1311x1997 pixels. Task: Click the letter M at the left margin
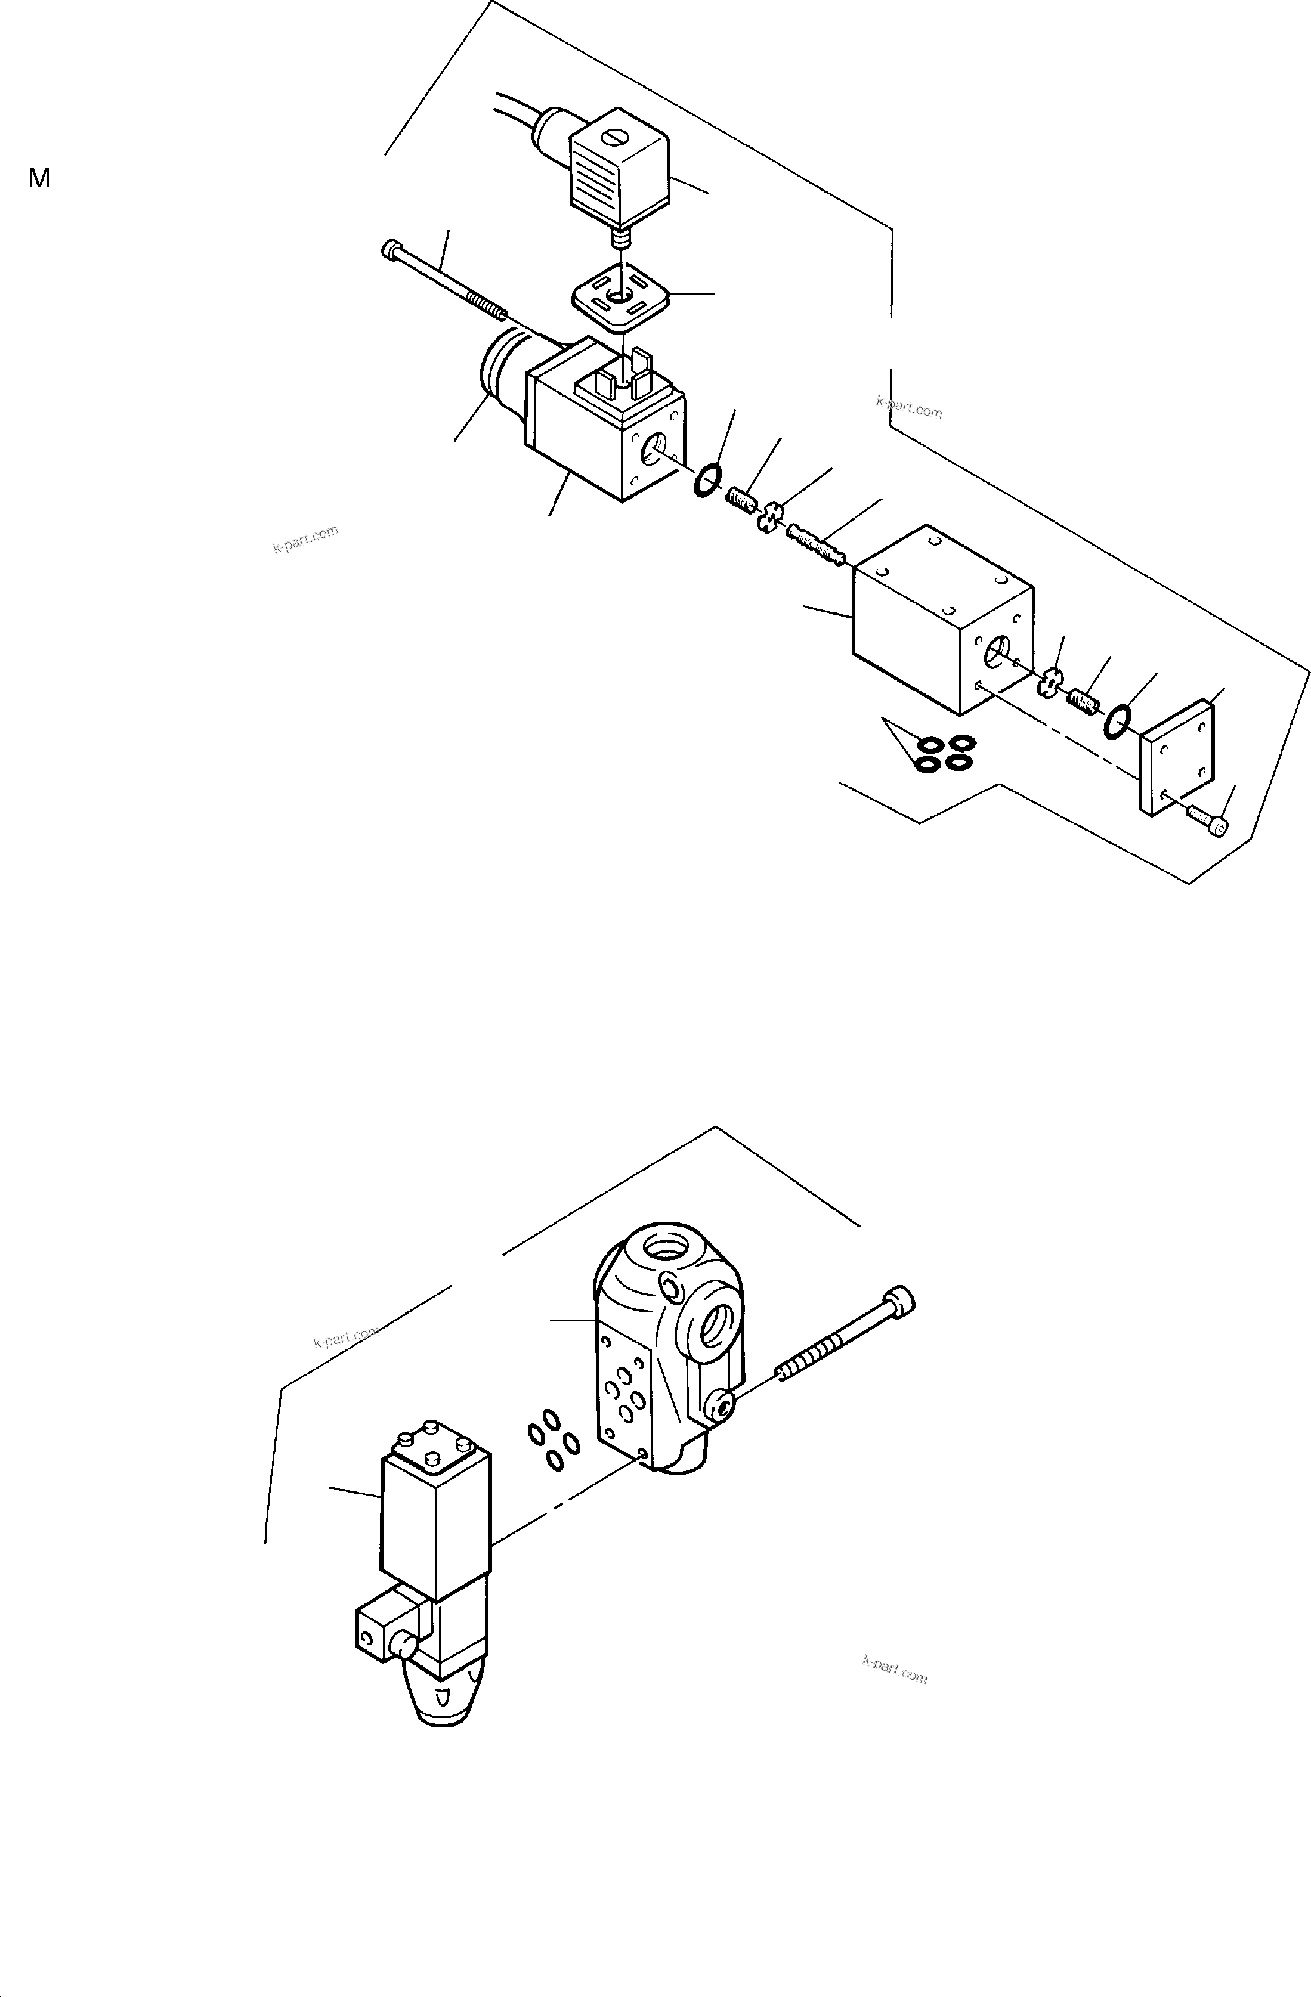coord(39,178)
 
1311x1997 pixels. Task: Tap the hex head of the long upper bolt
coord(392,249)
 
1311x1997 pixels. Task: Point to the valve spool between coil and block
coord(815,544)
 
